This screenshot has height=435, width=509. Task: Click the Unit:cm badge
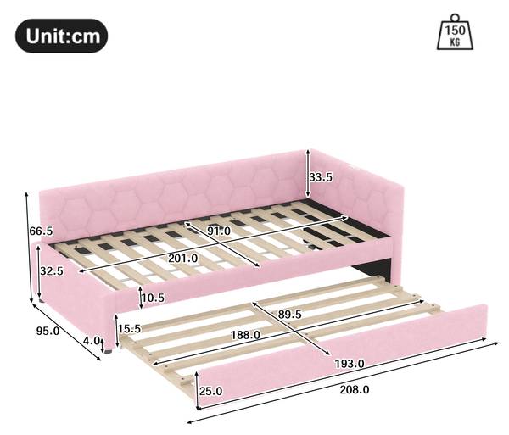[x=62, y=36]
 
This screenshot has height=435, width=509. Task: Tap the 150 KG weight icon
[x=455, y=31]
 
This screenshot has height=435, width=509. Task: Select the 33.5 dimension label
[x=321, y=177]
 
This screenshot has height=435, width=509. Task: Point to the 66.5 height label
[x=41, y=231]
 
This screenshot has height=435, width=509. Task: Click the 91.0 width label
[x=219, y=231]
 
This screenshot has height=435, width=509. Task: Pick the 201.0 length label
[x=182, y=259]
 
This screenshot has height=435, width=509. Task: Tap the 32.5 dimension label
[x=52, y=270]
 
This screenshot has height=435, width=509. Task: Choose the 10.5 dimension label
[x=154, y=298]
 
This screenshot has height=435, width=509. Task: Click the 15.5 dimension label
[x=129, y=329]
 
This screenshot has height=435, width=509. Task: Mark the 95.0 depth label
[x=48, y=331]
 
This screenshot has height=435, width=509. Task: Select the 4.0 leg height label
[x=92, y=341]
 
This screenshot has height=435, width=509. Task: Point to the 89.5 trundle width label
[x=289, y=314]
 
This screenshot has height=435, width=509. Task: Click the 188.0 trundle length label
[x=245, y=335]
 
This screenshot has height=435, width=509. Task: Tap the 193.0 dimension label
[x=350, y=364]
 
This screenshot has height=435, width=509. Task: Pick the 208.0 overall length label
[x=355, y=389]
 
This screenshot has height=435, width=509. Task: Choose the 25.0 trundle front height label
[x=211, y=391]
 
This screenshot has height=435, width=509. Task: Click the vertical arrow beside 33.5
[x=308, y=173]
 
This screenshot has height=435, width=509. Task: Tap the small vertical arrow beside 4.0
[x=103, y=345]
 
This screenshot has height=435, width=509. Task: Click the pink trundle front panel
[x=343, y=356]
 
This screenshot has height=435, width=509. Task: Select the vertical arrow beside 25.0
[x=197, y=391]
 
